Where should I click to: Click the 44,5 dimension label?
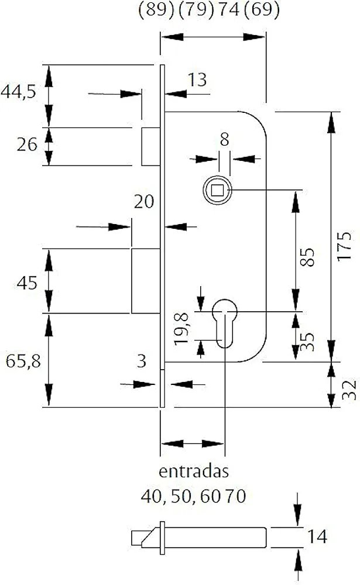(x=18, y=91)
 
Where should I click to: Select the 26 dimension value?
(x=27, y=144)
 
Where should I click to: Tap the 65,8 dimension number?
(x=23, y=361)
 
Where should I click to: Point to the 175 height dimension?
(x=345, y=246)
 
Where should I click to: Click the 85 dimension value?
(x=307, y=257)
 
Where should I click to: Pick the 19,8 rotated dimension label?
(x=182, y=329)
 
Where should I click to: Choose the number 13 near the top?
(x=197, y=80)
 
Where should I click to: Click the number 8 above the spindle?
(x=224, y=140)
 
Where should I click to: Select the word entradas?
(x=193, y=471)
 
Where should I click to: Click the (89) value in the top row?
(x=156, y=10)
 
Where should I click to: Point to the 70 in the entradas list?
(x=236, y=496)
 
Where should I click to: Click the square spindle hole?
(x=217, y=191)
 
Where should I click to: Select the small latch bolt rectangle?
(x=151, y=146)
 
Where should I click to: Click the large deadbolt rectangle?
(x=146, y=281)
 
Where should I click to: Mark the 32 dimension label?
(x=349, y=390)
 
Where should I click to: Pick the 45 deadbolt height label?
(x=27, y=283)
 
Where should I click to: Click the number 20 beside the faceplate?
(x=144, y=202)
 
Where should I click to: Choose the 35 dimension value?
(x=307, y=342)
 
